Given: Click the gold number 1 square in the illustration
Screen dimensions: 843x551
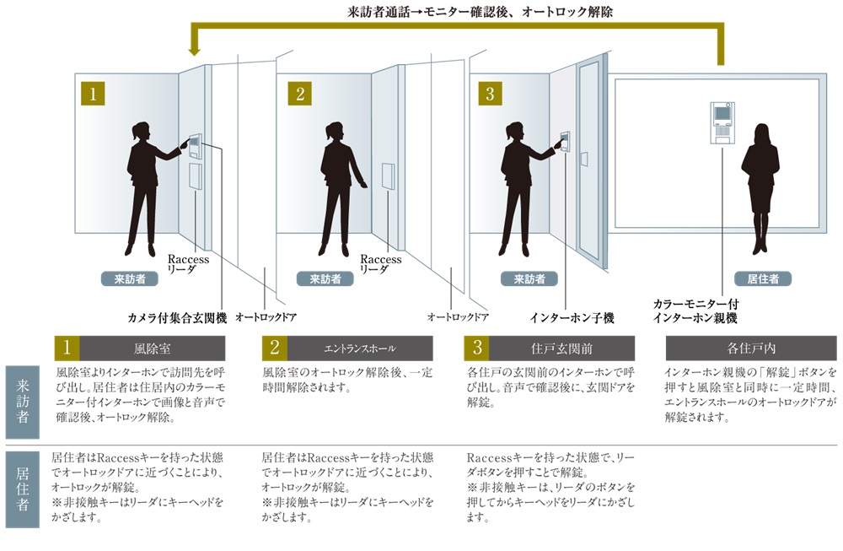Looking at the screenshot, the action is tap(93, 94).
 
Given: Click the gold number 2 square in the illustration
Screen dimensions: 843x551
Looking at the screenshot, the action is tap(300, 94).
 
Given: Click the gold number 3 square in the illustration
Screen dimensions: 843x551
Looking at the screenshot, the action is tap(490, 94).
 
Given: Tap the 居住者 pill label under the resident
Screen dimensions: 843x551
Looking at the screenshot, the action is tap(763, 278).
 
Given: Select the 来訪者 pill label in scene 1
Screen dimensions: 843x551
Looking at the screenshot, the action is tap(130, 278).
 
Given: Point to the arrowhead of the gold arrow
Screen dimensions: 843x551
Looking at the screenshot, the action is tap(195, 51).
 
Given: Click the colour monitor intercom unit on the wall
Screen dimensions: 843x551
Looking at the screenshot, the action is tap(722, 122).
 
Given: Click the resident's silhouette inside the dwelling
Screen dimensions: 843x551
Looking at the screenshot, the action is tap(760, 188).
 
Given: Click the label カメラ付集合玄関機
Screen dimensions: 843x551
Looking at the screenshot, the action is tap(177, 318).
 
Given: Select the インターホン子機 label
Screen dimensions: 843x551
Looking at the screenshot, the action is tap(572, 318).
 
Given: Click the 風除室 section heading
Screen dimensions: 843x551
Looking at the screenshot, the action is tap(152, 348).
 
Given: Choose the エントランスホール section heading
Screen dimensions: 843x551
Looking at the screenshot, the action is tap(360, 348).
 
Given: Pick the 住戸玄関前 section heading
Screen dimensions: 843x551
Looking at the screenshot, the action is tap(561, 348).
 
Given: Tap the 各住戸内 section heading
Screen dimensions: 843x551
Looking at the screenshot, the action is tap(751, 348).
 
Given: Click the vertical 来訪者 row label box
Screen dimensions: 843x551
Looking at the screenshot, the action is tap(23, 402).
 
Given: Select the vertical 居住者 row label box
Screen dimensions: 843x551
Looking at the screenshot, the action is tap(23, 489).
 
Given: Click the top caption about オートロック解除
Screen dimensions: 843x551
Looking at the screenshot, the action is tap(480, 12).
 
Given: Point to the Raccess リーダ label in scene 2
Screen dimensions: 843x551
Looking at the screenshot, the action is tap(381, 264).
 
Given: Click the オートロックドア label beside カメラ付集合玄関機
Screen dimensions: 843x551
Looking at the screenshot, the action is tap(266, 317).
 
